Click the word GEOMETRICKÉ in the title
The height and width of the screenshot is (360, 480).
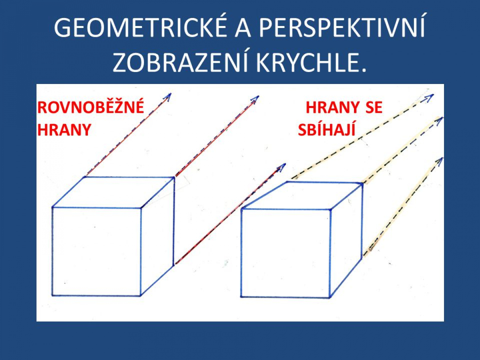tap(140, 27)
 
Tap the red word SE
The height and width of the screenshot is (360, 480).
tap(374, 108)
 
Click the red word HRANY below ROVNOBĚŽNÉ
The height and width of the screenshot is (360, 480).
tap(64, 130)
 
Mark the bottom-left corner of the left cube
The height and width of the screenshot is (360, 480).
tap(52, 296)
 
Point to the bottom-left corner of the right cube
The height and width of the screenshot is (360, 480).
tap(241, 297)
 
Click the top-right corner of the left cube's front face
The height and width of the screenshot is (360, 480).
tap(141, 208)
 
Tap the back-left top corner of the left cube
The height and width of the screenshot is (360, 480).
tap(85, 177)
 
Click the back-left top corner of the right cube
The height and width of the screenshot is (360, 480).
tap(287, 182)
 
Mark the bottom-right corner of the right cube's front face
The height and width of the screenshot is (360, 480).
tap(330, 298)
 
